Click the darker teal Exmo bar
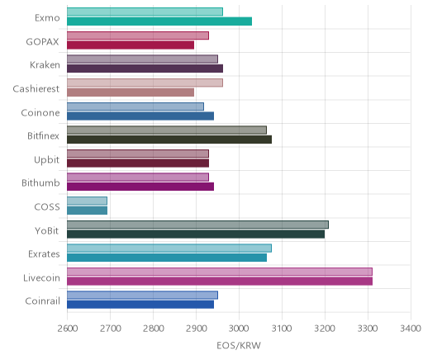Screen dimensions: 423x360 point(159,21)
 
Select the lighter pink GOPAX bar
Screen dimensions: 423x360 point(138,36)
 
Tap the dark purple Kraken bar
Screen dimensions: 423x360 point(145,69)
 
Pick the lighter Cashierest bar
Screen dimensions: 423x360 point(145,83)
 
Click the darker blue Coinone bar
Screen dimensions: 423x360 point(140,116)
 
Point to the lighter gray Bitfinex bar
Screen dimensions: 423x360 point(167,130)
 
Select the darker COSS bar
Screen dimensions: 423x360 point(88,211)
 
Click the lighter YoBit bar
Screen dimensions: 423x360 point(197,225)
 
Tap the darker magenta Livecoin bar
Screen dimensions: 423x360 point(220,281)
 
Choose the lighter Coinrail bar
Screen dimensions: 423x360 point(143,295)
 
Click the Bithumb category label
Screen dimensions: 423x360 point(40,183)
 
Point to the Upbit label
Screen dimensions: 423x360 point(46,160)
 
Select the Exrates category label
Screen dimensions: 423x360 point(44,253)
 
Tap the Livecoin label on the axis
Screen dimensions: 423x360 point(41,277)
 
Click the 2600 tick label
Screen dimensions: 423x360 point(68,329)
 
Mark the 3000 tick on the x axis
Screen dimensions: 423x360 point(239,329)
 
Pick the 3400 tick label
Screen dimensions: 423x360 point(411,329)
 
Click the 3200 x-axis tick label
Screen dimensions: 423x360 point(325,329)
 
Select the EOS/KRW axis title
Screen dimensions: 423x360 point(239,345)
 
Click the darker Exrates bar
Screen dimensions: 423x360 point(167,258)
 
